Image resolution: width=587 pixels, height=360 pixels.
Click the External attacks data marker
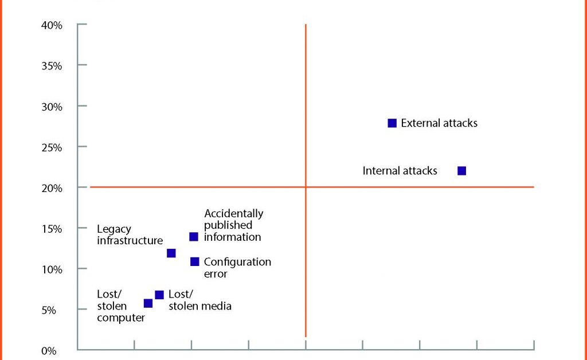click(392, 123)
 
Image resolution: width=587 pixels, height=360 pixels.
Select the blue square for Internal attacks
click(461, 171)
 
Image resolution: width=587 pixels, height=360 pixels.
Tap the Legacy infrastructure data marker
click(171, 253)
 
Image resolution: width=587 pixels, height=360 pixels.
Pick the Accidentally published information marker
click(194, 237)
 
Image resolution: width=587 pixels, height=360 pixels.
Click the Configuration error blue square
click(195, 261)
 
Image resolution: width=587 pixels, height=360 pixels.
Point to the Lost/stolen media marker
click(159, 295)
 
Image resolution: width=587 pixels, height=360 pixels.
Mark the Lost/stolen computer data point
click(148, 303)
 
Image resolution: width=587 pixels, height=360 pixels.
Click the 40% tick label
click(52, 25)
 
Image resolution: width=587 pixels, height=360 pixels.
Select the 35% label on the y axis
click(52, 66)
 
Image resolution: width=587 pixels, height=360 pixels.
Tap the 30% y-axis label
click(52, 107)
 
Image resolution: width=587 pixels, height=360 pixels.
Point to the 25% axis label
click(52, 148)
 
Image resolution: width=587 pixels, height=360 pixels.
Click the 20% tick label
click(52, 188)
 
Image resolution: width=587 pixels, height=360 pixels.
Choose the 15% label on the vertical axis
click(52, 229)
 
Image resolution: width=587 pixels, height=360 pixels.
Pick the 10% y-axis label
click(52, 269)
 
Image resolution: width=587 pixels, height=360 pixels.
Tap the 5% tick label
click(49, 310)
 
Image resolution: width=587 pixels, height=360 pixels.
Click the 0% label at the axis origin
click(49, 351)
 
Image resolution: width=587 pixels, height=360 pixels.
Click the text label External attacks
click(439, 123)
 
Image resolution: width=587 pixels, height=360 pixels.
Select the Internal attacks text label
click(400, 171)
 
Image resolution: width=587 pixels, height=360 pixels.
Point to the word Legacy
click(114, 229)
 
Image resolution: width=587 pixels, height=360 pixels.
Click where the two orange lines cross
click(306, 187)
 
